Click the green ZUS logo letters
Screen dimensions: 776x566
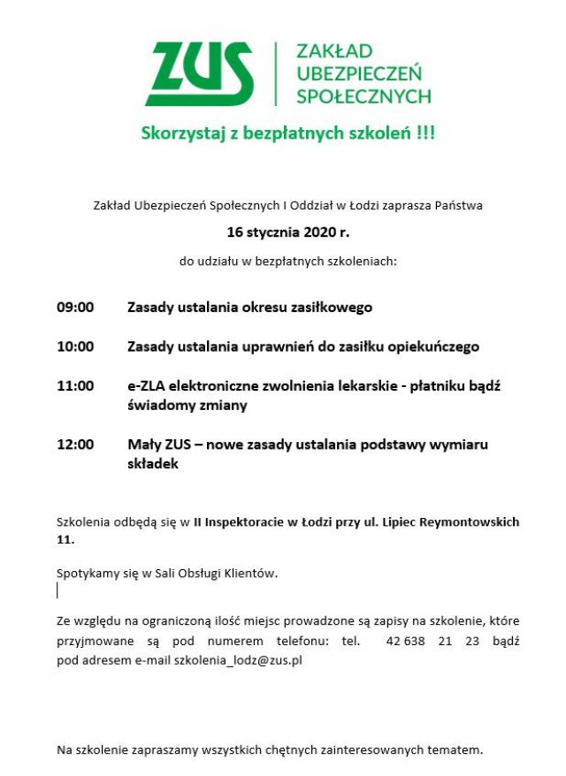[x=200, y=73]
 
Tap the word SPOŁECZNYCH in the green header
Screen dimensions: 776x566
[x=363, y=95]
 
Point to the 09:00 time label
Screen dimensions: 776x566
[x=75, y=308]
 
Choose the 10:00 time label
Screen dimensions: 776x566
[x=75, y=346]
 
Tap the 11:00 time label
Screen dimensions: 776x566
[x=75, y=385]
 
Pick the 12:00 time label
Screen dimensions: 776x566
[x=75, y=444]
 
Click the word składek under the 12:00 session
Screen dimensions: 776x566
[x=153, y=463]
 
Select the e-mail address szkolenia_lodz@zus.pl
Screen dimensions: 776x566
[x=238, y=660]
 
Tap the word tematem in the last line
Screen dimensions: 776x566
[x=454, y=750]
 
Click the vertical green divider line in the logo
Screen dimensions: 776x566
[x=276, y=73]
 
